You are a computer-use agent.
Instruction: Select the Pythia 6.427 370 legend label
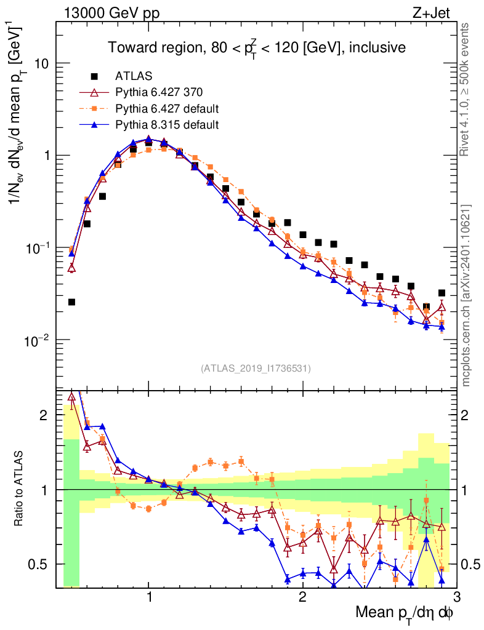(159, 92)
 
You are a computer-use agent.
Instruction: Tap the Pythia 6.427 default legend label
(167, 109)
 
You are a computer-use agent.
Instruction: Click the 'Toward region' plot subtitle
(256, 48)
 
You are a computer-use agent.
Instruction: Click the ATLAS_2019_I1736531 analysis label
(256, 369)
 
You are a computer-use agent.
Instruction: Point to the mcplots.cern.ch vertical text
(467, 295)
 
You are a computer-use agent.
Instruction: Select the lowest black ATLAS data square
(72, 301)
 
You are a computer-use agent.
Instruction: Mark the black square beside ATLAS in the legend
(94, 76)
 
